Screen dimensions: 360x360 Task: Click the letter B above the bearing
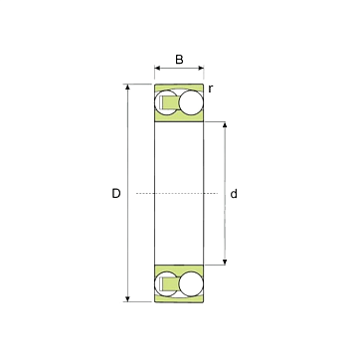click(x=179, y=60)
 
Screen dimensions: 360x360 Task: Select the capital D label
click(x=116, y=193)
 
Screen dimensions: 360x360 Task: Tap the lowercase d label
click(x=234, y=194)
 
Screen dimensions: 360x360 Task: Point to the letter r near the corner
click(x=211, y=89)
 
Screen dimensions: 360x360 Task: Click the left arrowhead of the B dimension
click(x=157, y=68)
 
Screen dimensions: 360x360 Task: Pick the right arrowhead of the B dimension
click(x=201, y=68)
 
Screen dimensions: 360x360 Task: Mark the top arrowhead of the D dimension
click(x=127, y=87)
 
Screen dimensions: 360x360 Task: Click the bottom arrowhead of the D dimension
click(x=127, y=299)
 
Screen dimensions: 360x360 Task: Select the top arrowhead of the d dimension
click(x=225, y=124)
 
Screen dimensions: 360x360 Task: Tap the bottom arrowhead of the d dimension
click(x=225, y=263)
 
